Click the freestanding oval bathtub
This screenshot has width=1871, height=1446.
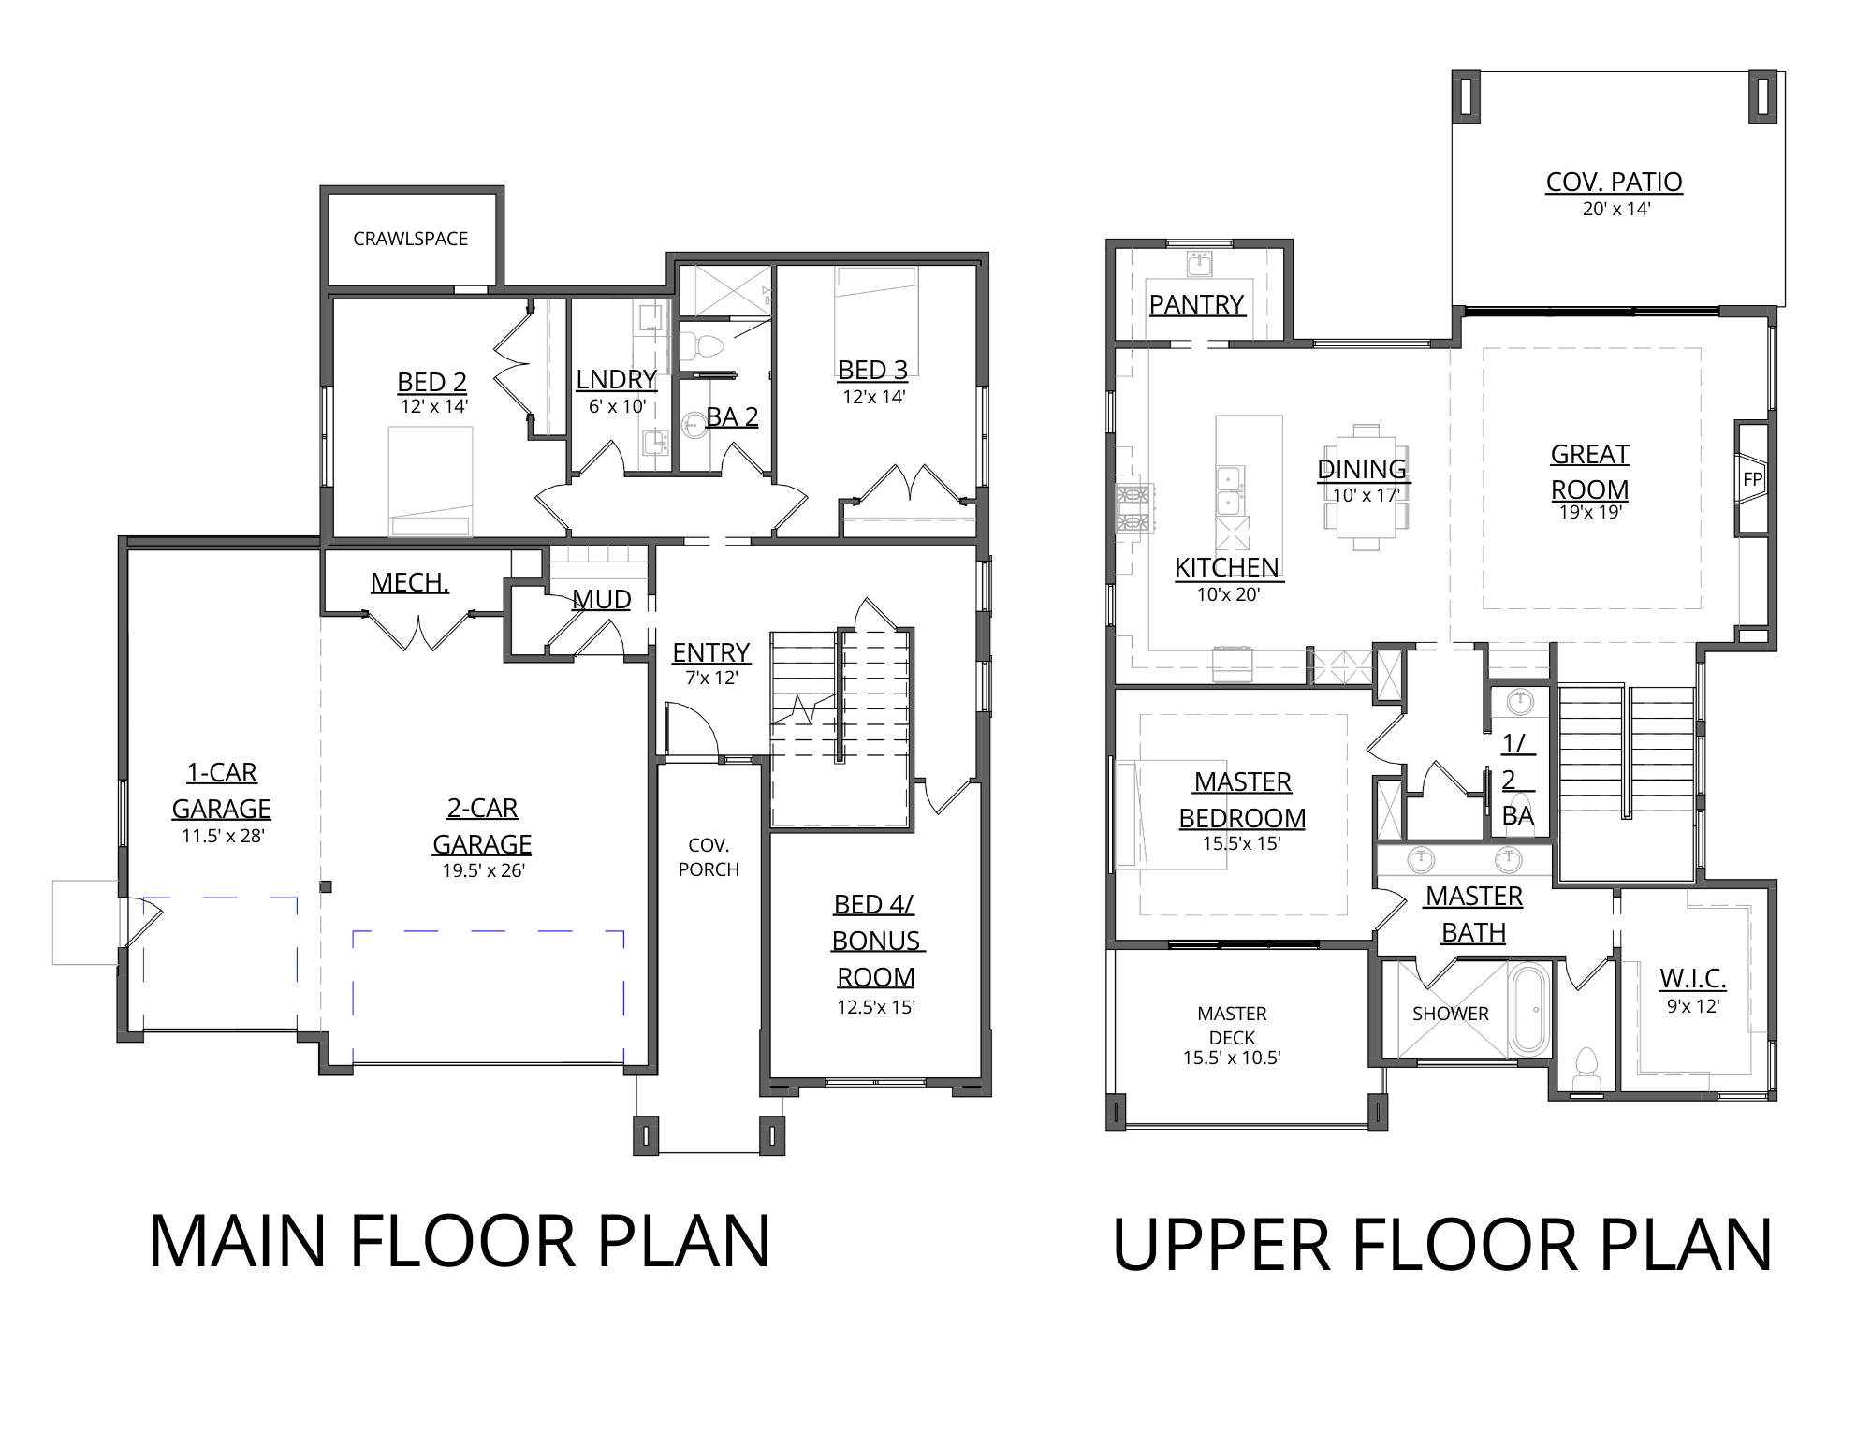pyautogui.click(x=1529, y=1010)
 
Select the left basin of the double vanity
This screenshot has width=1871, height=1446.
pyautogui.click(x=1422, y=859)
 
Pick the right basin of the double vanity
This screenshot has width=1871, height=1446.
pyautogui.click(x=1508, y=859)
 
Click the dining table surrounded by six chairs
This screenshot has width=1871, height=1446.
pyautogui.click(x=1366, y=487)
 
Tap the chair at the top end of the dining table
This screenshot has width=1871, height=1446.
pyautogui.click(x=1366, y=430)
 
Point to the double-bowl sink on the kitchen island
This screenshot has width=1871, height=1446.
pyautogui.click(x=1229, y=490)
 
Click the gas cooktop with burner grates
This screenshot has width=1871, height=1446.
pyautogui.click(x=1133, y=509)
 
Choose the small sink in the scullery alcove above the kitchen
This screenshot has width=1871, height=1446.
pyautogui.click(x=1199, y=264)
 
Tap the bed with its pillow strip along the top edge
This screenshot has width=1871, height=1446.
pyautogui.click(x=876, y=321)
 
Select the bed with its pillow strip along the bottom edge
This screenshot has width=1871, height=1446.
pyautogui.click(x=431, y=481)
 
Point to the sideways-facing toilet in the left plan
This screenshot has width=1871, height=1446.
pyautogui.click(x=700, y=346)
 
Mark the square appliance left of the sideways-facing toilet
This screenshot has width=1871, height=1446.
pyautogui.click(x=650, y=317)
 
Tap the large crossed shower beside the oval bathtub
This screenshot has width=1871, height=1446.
pyautogui.click(x=1450, y=1010)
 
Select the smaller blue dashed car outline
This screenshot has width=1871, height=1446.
pyautogui.click(x=219, y=964)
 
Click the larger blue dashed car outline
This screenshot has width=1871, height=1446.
pyautogui.click(x=488, y=997)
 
